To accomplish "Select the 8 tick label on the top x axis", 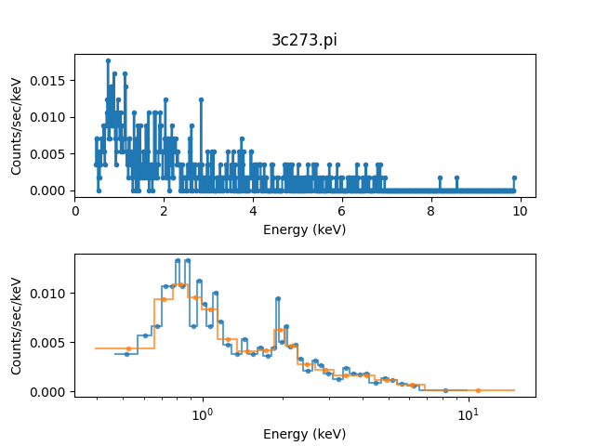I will [430, 211].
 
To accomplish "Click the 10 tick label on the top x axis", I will [520, 211].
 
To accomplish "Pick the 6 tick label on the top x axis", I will [342, 211].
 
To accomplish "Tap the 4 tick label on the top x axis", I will [253, 211].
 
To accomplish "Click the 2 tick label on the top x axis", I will [165, 211].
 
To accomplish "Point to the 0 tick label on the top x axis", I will [75, 211].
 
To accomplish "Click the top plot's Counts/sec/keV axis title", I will [17, 125].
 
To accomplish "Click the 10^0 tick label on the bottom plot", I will [202, 413].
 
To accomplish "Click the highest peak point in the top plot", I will [108, 60].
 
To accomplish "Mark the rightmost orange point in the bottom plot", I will [478, 390].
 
